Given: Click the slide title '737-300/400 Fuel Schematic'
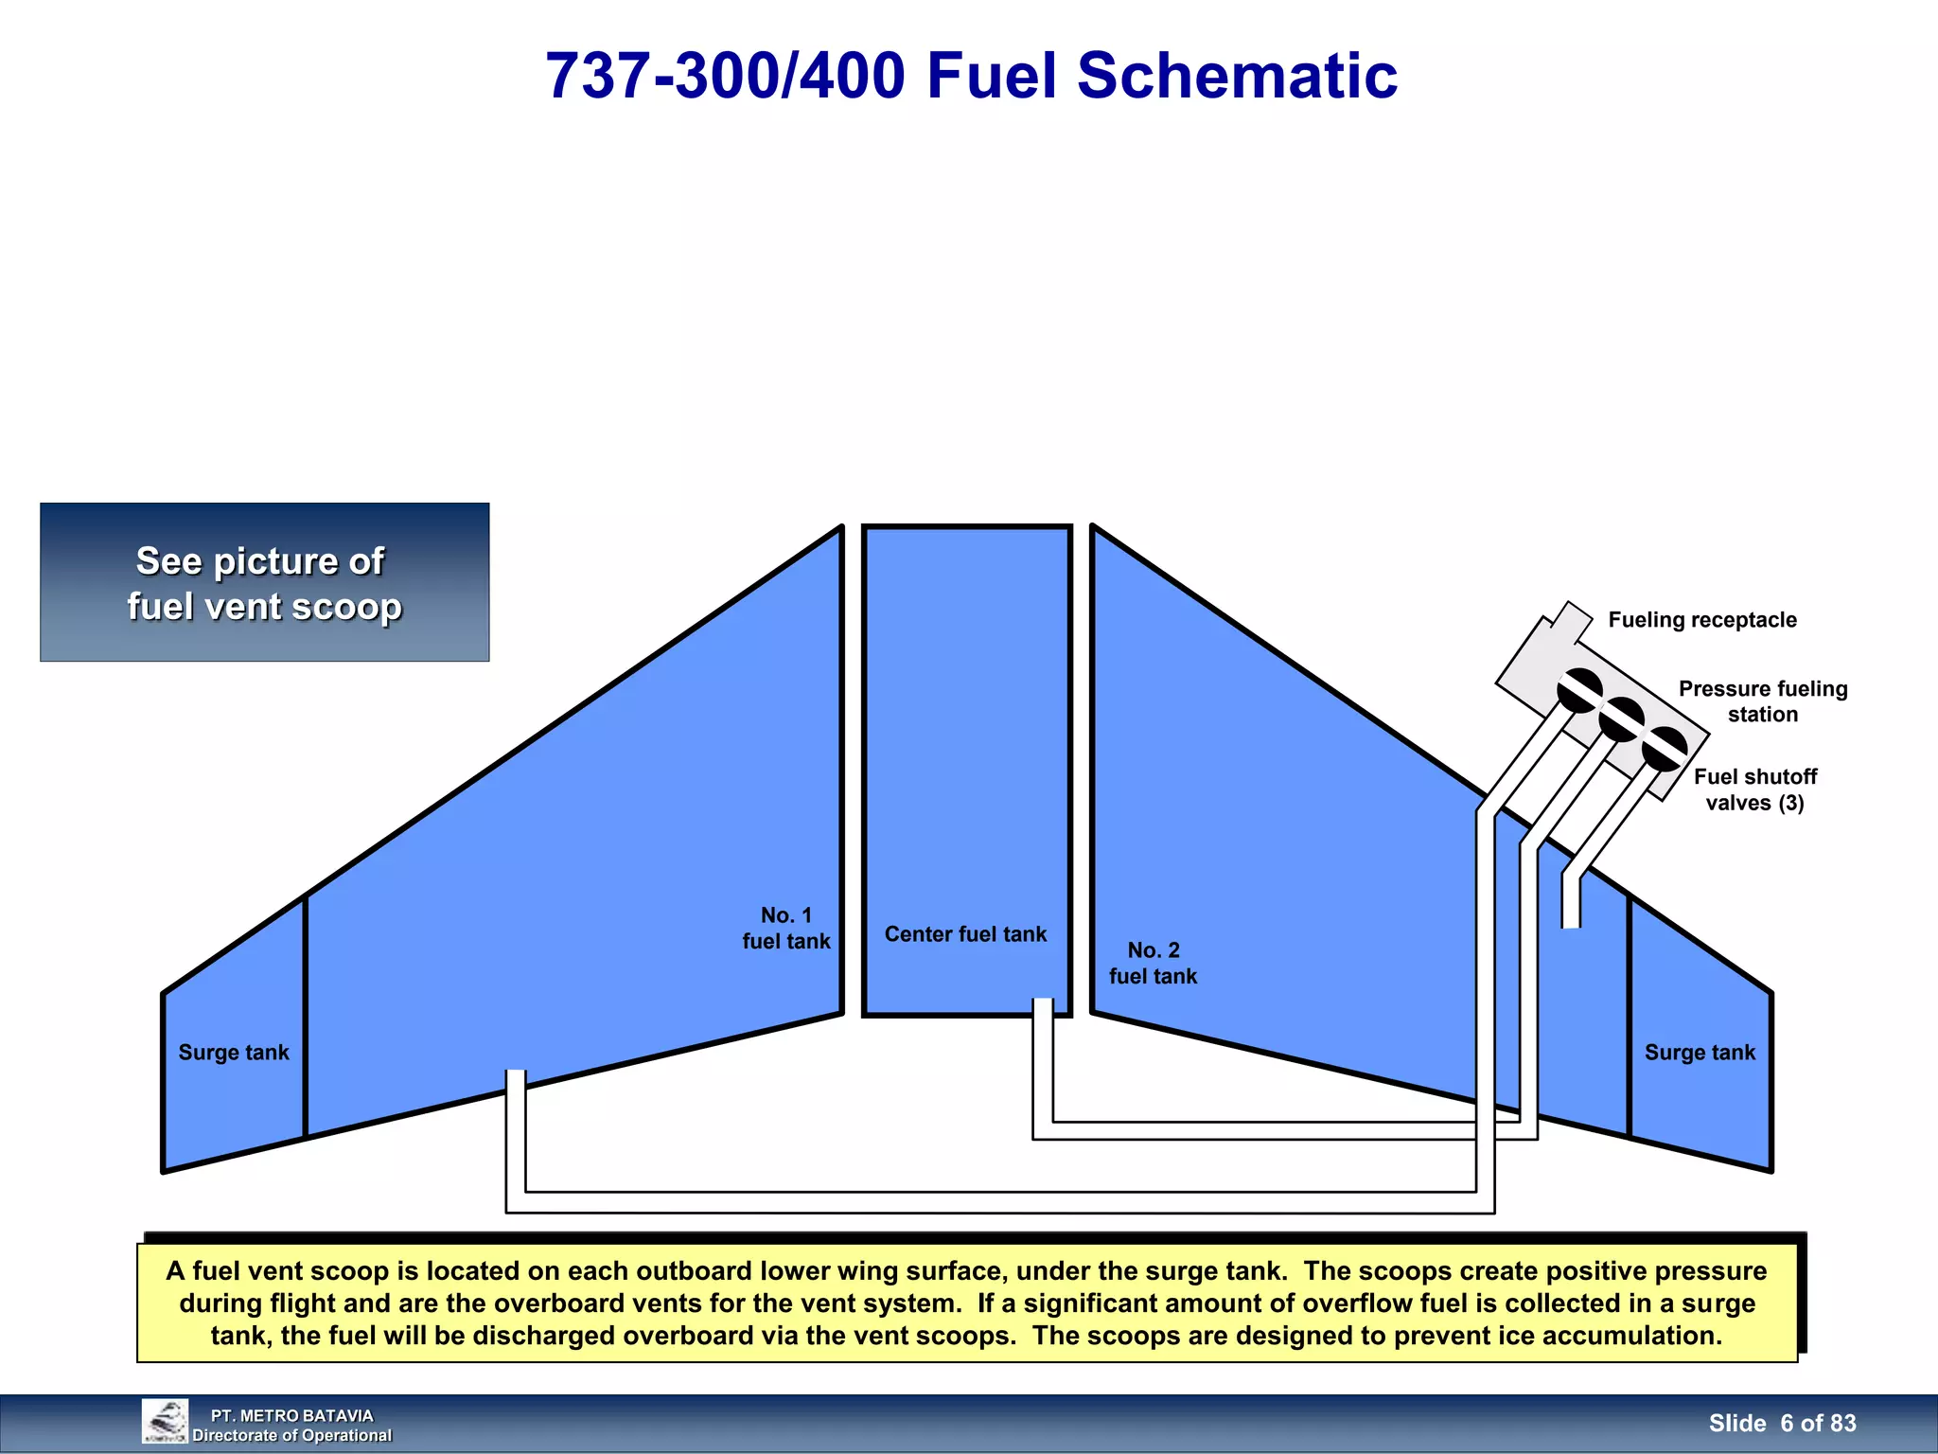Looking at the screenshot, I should (971, 76).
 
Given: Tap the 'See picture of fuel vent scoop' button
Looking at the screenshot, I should (264, 582).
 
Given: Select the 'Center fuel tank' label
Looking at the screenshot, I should (965, 934).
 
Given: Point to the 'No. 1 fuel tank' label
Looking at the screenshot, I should (785, 928).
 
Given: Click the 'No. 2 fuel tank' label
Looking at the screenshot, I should (1153, 963).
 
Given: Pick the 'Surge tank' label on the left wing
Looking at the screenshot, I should (234, 1053).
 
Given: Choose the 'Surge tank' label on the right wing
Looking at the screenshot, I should (1700, 1053).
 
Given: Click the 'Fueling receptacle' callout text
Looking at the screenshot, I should (1701, 620).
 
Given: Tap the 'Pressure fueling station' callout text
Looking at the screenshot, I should (1762, 701).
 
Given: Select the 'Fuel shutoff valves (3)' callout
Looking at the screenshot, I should (1754, 789).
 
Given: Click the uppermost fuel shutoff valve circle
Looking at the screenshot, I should (1579, 691).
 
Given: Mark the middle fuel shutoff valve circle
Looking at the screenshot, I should (1621, 719).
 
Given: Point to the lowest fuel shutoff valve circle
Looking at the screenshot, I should (1665, 750).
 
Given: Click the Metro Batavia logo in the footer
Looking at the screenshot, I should (165, 1422).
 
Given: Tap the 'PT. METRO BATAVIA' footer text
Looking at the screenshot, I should (291, 1415).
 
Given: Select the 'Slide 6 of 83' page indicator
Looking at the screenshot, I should (1782, 1424).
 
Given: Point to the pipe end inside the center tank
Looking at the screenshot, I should (1043, 1007).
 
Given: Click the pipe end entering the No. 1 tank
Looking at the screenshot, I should (516, 1079).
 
